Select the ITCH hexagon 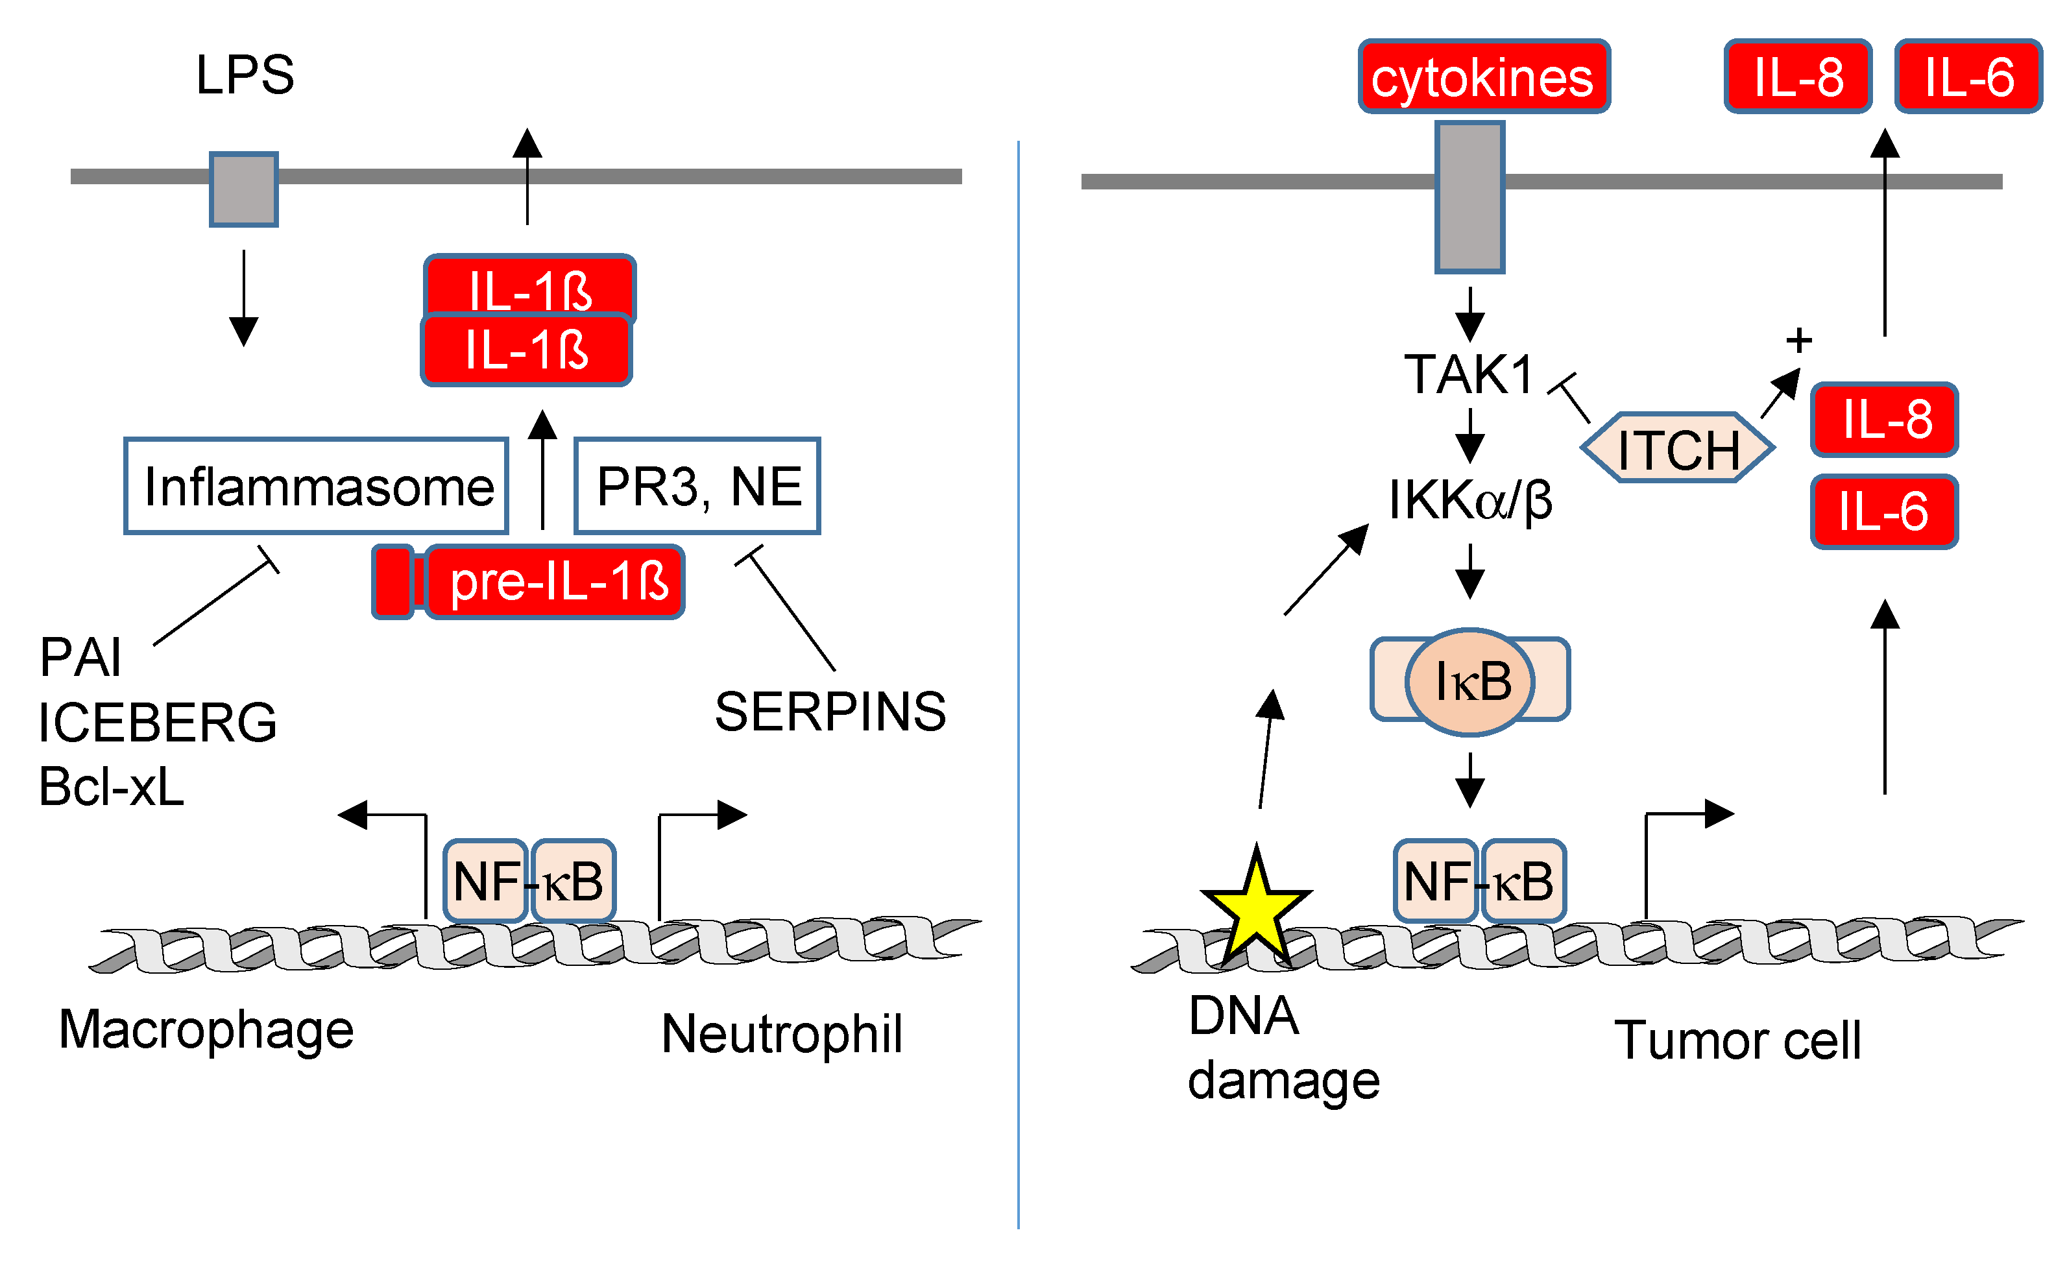pos(1678,448)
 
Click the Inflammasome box pos(316,486)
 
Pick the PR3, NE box pos(697,486)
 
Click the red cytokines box pos(1483,77)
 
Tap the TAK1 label pos(1469,374)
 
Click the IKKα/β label pos(1469,501)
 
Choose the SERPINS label pos(830,712)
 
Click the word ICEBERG pos(158,722)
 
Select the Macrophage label pos(206,1030)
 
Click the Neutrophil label pos(781,1033)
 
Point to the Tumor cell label pos(1737,1040)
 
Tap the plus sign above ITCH pos(1798,341)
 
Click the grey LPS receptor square pos(243,189)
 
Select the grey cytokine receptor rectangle pos(1469,197)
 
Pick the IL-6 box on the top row pos(1968,77)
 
